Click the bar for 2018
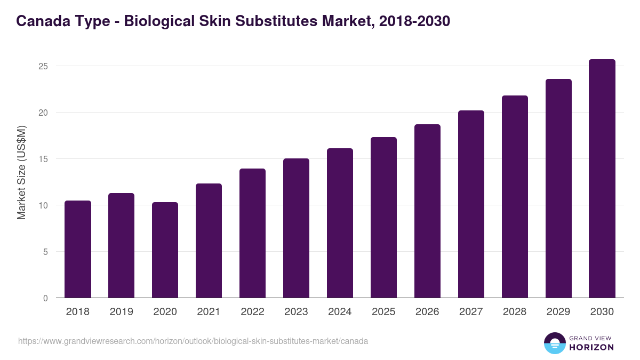(78, 249)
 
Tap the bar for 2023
(297, 228)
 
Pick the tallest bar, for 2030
(602, 179)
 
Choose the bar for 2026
(427, 211)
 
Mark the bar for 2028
(515, 197)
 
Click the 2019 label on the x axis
(122, 312)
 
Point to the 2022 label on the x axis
(253, 312)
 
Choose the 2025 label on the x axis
(384, 312)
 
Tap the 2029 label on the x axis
(558, 312)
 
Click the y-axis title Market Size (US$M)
(21, 172)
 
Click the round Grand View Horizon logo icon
(554, 343)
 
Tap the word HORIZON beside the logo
(591, 347)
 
